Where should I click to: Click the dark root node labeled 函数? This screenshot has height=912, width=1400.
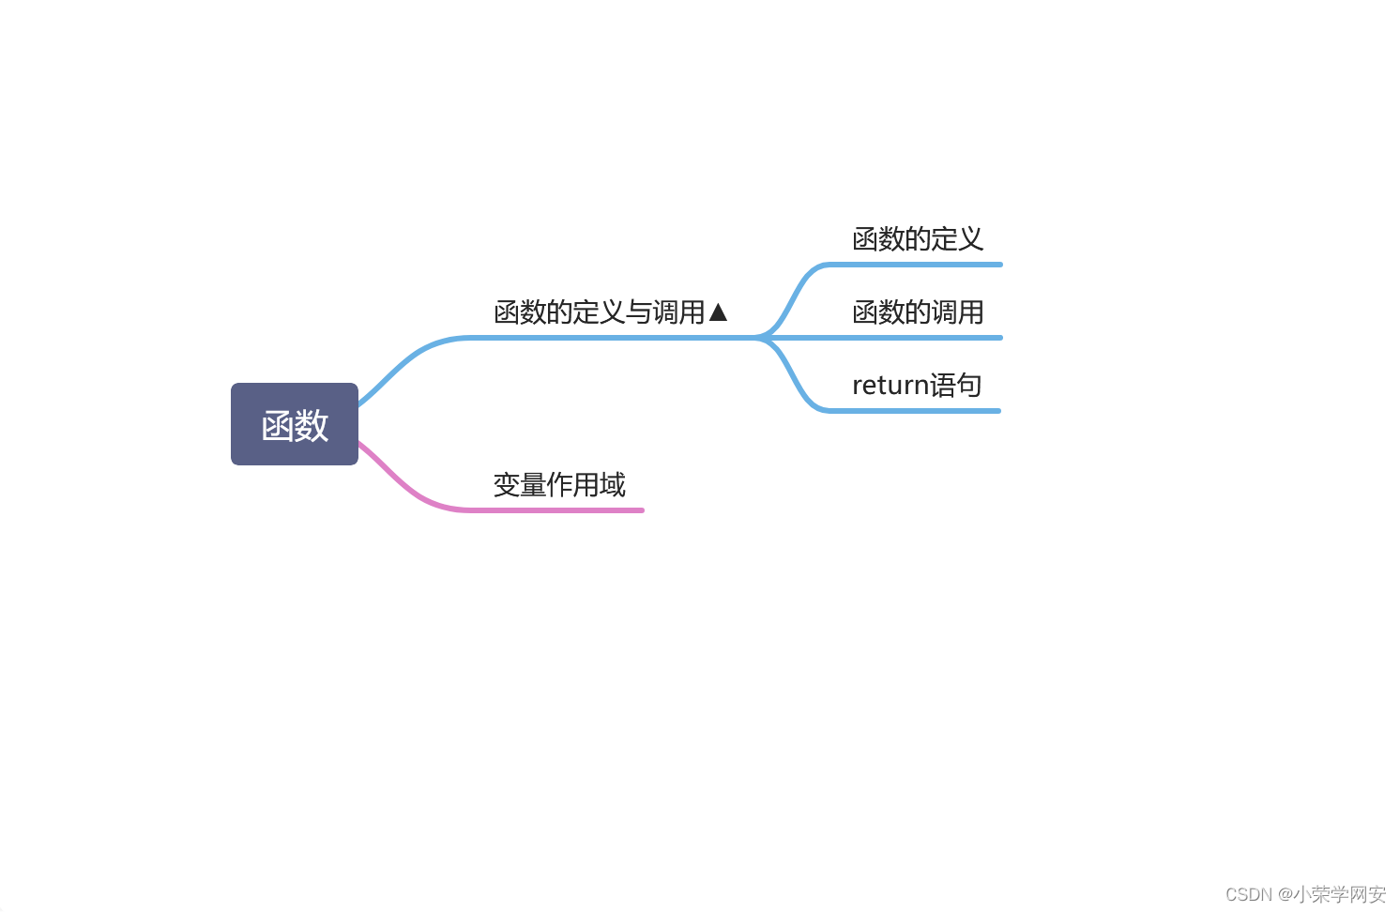(295, 424)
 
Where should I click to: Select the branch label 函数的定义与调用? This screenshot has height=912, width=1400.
(599, 312)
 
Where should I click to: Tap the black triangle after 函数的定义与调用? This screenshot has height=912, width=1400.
(719, 312)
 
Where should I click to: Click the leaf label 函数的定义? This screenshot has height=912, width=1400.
(917, 239)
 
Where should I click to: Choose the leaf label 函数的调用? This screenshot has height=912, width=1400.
(917, 312)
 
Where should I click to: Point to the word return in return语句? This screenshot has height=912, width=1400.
(890, 386)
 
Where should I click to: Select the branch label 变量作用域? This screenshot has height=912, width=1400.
(559, 485)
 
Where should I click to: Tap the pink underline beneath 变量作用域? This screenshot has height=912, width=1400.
(563, 510)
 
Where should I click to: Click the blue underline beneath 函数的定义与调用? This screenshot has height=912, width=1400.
(610, 338)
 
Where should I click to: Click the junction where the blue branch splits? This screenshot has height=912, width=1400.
(762, 338)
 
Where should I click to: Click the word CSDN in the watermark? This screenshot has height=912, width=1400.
(1248, 894)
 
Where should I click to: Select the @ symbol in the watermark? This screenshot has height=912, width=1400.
(1285, 894)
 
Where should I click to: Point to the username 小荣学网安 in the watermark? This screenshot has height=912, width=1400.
(1340, 894)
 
